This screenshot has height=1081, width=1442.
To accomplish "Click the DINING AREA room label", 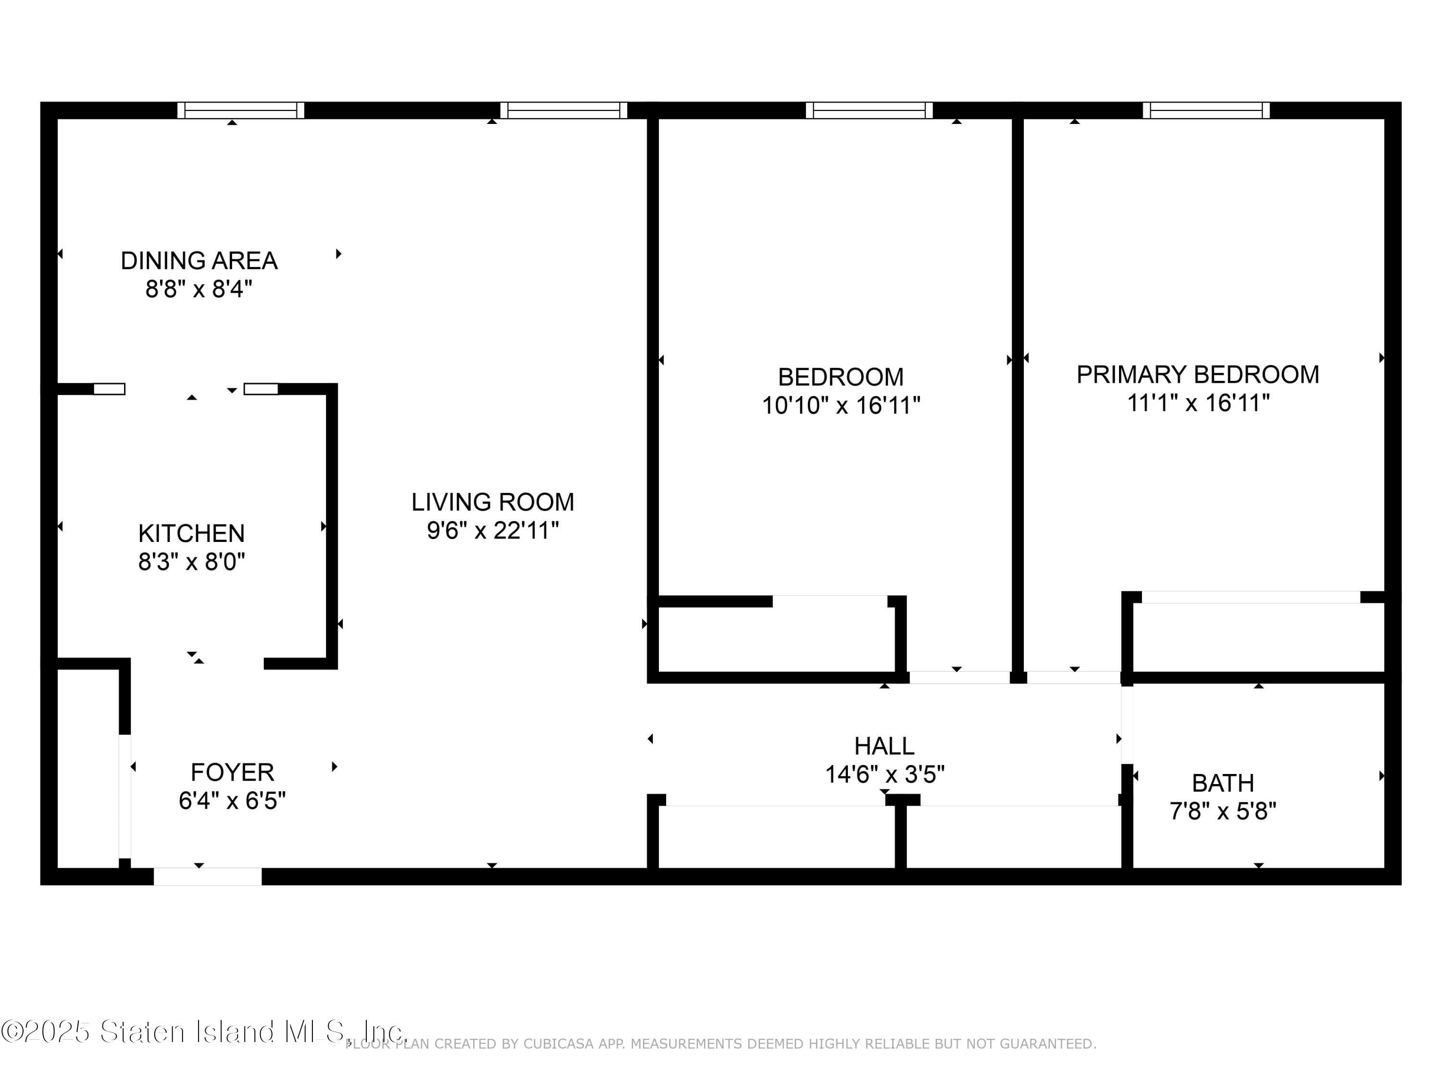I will pyautogui.click(x=199, y=260).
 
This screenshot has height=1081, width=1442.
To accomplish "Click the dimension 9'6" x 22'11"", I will pyautogui.click(x=492, y=530).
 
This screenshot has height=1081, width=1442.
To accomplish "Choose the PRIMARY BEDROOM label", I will pyautogui.click(x=1197, y=375).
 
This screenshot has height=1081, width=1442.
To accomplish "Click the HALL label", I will pyautogui.click(x=883, y=746).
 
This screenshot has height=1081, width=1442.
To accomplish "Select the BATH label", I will pyautogui.click(x=1222, y=783).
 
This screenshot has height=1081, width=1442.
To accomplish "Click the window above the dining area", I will pyautogui.click(x=240, y=110).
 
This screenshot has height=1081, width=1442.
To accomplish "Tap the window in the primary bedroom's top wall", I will pyautogui.click(x=1206, y=110).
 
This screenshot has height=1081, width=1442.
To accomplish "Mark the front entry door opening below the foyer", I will pyautogui.click(x=207, y=876).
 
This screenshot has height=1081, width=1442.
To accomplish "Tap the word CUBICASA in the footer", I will pyautogui.click(x=558, y=1044).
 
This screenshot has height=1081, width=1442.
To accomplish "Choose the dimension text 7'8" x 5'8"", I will pyautogui.click(x=1222, y=811).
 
